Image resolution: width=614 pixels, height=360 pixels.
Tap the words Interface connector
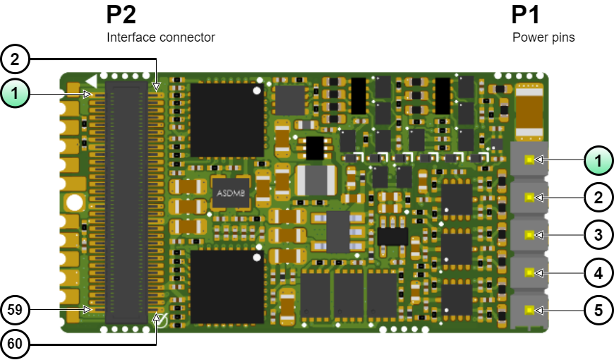pyautogui.click(x=161, y=37)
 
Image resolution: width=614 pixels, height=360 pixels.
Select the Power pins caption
pyautogui.click(x=543, y=37)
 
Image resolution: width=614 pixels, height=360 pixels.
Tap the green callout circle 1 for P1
pyautogui.click(x=598, y=160)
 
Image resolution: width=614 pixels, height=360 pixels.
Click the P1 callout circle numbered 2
pyautogui.click(x=598, y=197)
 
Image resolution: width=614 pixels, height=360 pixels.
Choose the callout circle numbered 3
pyautogui.click(x=598, y=234)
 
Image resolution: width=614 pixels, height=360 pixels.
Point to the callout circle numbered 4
pyautogui.click(x=598, y=272)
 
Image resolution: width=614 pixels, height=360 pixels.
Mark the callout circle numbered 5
pyautogui.click(x=598, y=309)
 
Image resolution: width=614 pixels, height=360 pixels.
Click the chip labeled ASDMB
pyautogui.click(x=231, y=193)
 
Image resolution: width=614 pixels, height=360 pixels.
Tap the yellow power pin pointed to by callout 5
pyautogui.click(x=529, y=309)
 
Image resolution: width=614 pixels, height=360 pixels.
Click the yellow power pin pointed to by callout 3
pyautogui.click(x=529, y=234)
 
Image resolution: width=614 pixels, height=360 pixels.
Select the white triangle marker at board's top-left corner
pyautogui.click(x=90, y=80)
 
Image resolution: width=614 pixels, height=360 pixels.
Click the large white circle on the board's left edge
pyautogui.click(x=75, y=204)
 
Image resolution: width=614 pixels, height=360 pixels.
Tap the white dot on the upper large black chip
pyautogui.click(x=257, y=90)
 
